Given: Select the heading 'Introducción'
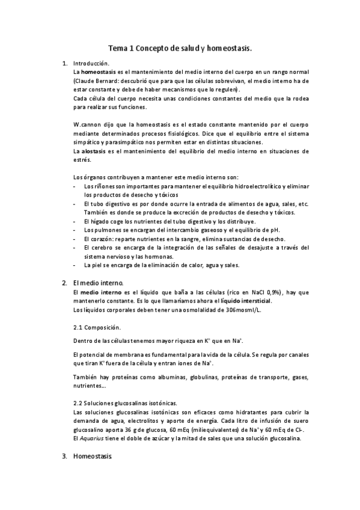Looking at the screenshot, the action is coord(91,63).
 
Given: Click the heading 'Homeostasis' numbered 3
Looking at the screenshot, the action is coord(92,457).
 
